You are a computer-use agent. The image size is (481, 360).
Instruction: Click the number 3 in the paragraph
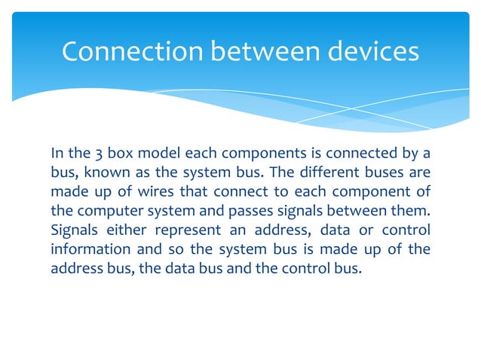click(x=103, y=155)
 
